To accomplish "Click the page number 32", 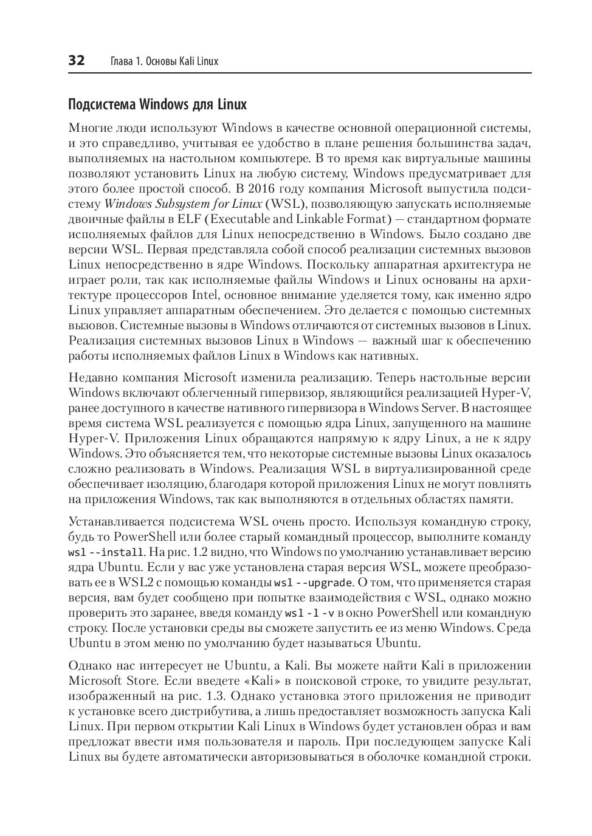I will [77, 61].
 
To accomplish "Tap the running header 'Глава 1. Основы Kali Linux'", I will [163, 61].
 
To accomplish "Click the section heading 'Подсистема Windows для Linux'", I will [157, 104].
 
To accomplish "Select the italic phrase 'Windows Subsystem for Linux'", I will [183, 204].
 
